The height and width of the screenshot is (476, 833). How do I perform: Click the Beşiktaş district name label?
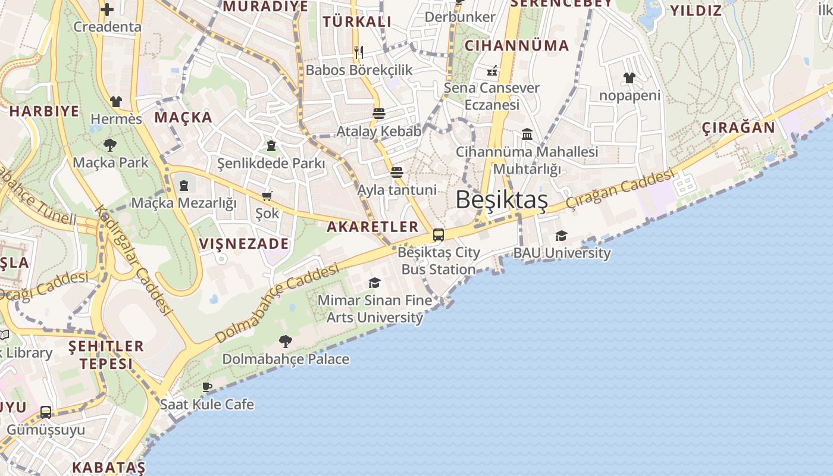pyautogui.click(x=502, y=201)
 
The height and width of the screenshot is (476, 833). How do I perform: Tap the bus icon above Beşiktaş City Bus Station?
pyautogui.click(x=439, y=235)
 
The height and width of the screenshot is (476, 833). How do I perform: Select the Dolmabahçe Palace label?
pyautogui.click(x=286, y=359)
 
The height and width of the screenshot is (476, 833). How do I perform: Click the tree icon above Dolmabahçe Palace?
pyautogui.click(x=286, y=342)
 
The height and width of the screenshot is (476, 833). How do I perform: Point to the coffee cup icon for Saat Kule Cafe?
pyautogui.click(x=207, y=387)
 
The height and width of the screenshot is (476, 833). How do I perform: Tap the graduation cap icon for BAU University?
pyautogui.click(x=561, y=236)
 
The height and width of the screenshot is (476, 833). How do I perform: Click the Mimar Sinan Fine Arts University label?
pyautogui.click(x=375, y=309)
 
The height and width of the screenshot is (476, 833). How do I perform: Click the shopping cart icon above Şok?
pyautogui.click(x=267, y=196)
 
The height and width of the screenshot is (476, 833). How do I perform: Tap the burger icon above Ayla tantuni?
pyautogui.click(x=397, y=173)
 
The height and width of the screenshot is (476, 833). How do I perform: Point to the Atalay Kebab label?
pyautogui.click(x=379, y=131)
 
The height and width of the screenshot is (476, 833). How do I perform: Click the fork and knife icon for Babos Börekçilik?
pyautogui.click(x=358, y=52)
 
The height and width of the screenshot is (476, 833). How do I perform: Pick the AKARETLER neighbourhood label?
pyautogui.click(x=372, y=227)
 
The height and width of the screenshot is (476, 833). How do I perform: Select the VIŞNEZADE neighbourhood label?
pyautogui.click(x=244, y=243)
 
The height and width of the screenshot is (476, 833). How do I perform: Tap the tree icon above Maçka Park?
pyautogui.click(x=110, y=145)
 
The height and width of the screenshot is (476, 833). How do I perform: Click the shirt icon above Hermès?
pyautogui.click(x=116, y=102)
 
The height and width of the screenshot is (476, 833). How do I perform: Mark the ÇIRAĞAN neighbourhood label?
pyautogui.click(x=738, y=128)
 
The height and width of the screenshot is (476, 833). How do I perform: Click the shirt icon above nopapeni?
pyautogui.click(x=630, y=78)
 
